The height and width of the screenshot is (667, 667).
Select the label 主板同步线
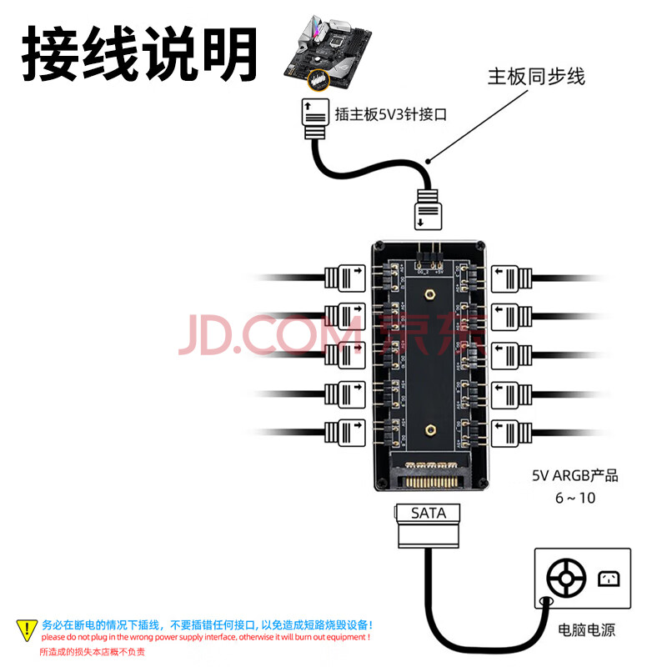[x=536, y=78]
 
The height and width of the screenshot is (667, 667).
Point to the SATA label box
[x=429, y=514]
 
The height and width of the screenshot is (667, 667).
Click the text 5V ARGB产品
[x=575, y=477]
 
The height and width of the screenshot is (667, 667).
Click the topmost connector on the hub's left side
[x=344, y=276]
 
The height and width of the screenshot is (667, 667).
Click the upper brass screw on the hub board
[x=428, y=294]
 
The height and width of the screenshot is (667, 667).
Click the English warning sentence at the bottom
[x=205, y=638]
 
